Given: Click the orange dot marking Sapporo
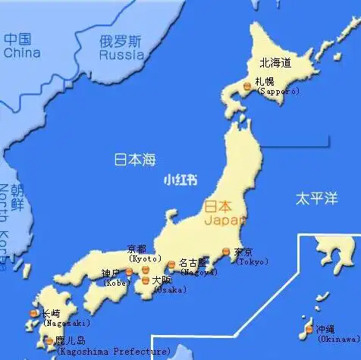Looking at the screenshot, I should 247,88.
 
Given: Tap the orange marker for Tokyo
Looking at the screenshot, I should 225,253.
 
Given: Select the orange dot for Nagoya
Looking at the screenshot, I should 171,265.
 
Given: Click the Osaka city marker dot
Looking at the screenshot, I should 146,280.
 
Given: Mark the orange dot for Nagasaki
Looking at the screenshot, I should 33,314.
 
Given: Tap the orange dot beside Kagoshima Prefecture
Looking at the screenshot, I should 49,341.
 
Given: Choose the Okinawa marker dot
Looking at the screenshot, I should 309,330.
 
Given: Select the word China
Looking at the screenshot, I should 21,53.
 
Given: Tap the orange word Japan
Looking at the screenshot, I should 225,220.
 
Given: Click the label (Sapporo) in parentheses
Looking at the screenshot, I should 278,91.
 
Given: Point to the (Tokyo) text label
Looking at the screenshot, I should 252,261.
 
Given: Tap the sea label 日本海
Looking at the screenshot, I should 134,159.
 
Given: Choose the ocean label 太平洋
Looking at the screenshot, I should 315,199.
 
